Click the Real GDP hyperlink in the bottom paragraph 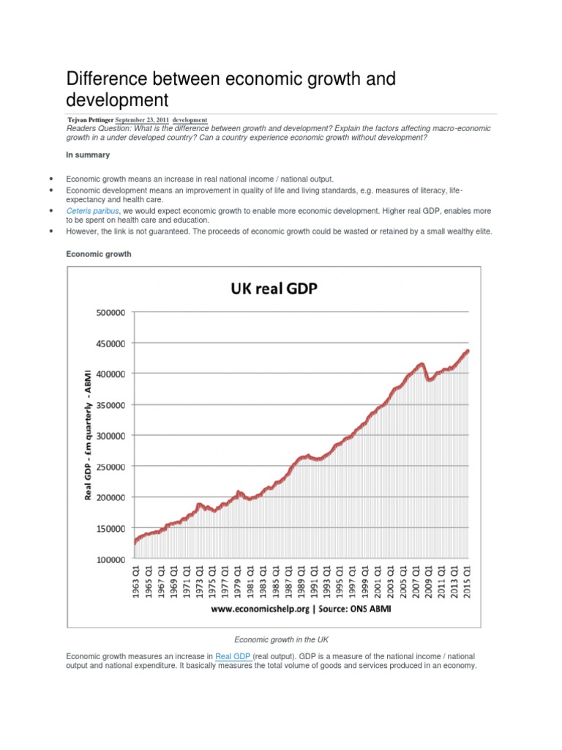tap(233, 657)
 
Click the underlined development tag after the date tap(190, 119)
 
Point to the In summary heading tap(88, 155)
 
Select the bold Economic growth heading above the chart tap(99, 254)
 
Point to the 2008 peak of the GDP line tap(421, 363)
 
